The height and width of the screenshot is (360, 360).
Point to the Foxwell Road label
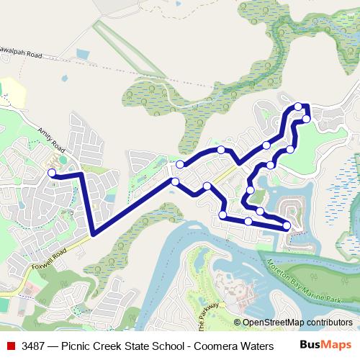point(49,258)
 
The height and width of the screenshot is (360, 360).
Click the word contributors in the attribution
point(330,323)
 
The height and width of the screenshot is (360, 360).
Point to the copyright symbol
point(238,323)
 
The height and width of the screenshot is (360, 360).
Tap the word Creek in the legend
point(114,346)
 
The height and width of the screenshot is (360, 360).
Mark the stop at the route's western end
point(51,173)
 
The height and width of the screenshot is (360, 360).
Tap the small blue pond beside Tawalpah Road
point(81,54)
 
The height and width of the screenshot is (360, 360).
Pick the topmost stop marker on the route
point(298,107)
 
